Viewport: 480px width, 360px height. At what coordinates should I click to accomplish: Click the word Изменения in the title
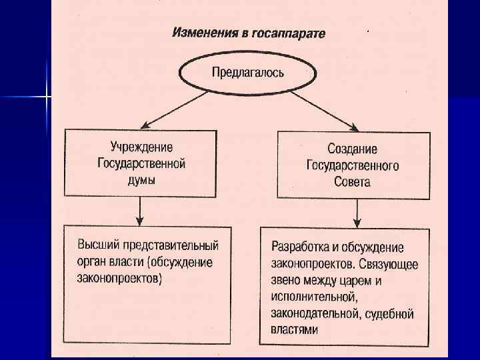point(201,33)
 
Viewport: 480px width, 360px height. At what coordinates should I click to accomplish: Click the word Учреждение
point(141,147)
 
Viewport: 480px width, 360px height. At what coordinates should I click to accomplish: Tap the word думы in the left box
point(141,179)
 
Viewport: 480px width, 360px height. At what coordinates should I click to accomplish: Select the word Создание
point(352,149)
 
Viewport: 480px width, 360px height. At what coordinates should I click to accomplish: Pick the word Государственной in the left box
point(141,163)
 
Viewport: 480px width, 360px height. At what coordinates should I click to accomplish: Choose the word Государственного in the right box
point(353,165)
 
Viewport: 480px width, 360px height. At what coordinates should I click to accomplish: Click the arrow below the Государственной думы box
point(140,211)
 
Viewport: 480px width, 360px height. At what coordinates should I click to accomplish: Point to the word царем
point(360,281)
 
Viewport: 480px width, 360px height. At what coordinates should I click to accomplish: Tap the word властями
point(295,329)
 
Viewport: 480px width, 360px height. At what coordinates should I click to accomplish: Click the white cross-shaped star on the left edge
point(47,97)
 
